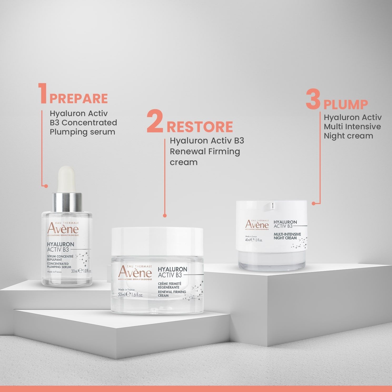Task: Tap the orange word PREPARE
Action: pos(78,99)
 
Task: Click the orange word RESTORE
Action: pos(200,127)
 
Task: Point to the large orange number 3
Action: pos(313,100)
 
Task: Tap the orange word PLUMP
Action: pos(345,105)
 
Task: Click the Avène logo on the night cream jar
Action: pos(257,225)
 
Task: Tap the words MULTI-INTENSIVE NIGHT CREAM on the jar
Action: pos(287,236)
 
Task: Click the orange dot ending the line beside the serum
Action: pos(46,186)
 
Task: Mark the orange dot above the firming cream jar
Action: pos(165,216)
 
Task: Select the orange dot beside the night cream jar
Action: pos(313,204)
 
